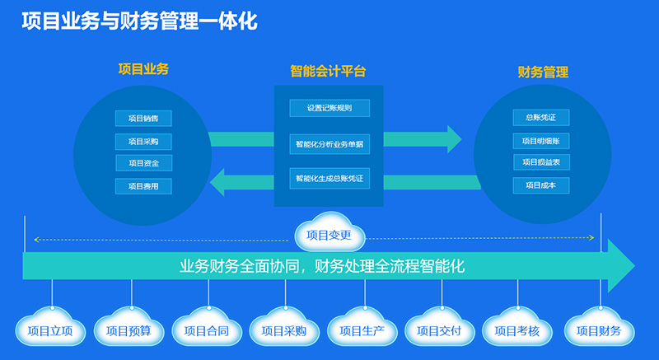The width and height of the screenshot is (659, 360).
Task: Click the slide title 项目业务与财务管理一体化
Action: (x=139, y=21)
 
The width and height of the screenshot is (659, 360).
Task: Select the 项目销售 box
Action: (x=143, y=119)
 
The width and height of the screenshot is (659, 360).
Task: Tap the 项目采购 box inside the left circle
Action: (x=143, y=141)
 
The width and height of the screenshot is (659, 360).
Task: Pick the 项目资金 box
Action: (x=143, y=163)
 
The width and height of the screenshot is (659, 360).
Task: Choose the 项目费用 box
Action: (x=143, y=186)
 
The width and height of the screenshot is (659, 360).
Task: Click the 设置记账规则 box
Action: (x=329, y=108)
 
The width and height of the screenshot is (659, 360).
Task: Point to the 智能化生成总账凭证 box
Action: (x=329, y=178)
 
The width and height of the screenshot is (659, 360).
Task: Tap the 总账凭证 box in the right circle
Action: (x=540, y=117)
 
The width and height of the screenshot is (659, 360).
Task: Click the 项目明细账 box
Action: (x=540, y=140)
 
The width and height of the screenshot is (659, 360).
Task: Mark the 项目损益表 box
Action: (x=540, y=162)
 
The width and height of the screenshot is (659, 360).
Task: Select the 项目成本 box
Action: (x=540, y=185)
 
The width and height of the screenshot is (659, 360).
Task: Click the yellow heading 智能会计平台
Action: (x=328, y=72)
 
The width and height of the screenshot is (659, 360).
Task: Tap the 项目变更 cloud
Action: (x=329, y=235)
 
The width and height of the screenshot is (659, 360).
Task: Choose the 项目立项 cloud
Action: (x=50, y=331)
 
